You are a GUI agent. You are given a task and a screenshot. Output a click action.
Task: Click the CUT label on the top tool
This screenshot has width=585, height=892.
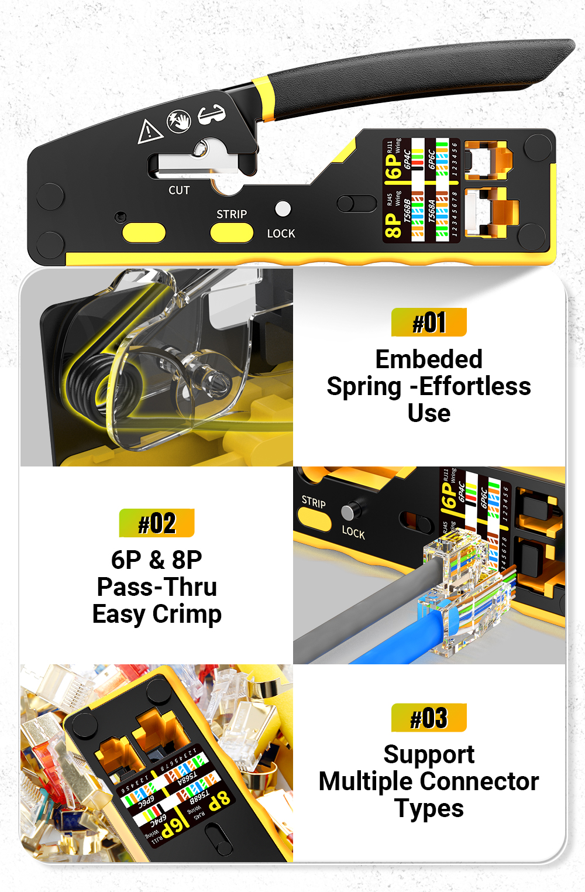(179, 190)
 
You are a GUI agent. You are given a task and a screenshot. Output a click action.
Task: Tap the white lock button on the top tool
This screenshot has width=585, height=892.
(283, 208)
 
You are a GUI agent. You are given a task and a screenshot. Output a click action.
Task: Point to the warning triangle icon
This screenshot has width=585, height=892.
(149, 131)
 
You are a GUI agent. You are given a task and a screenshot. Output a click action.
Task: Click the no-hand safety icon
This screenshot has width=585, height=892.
(179, 121)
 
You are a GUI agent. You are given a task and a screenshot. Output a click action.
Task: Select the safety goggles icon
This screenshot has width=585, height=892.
(211, 114)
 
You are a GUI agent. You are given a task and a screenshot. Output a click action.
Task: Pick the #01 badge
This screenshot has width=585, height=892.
(429, 323)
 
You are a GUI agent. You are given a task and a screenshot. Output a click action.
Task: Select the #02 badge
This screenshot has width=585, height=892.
(157, 523)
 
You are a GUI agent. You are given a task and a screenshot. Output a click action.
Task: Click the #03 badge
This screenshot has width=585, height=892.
(429, 718)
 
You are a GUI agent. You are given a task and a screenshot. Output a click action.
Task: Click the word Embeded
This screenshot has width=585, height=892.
(429, 359)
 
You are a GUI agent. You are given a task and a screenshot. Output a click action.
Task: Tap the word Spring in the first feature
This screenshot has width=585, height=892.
(364, 387)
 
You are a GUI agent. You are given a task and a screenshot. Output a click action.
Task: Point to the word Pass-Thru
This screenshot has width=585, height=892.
(157, 587)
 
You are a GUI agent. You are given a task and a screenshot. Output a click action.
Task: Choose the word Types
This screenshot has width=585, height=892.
(429, 809)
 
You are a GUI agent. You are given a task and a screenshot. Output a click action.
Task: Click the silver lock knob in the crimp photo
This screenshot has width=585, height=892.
(350, 512)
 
